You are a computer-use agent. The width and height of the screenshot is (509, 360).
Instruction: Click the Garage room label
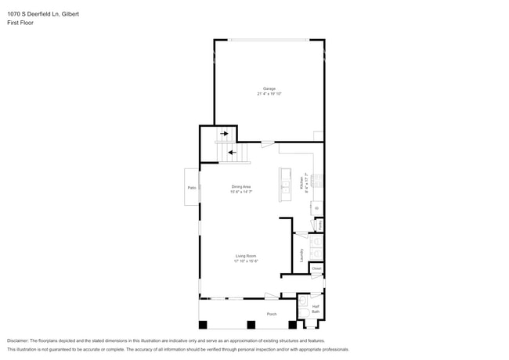[x=269, y=88]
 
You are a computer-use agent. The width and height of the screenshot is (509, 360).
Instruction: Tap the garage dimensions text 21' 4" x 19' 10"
[x=269, y=94]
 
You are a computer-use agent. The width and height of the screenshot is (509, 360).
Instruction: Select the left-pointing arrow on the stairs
[x=231, y=152]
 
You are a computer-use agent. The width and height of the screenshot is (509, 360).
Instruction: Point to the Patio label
[x=192, y=188]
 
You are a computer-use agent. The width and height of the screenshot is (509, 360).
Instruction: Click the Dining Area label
[x=241, y=186]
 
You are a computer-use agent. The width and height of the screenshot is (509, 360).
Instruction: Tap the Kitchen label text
[x=302, y=184]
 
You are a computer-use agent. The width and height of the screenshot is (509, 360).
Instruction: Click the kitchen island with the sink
[x=284, y=184]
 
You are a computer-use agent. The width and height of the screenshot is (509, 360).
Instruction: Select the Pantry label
[x=319, y=225]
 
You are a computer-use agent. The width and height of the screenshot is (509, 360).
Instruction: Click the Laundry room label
[x=301, y=254]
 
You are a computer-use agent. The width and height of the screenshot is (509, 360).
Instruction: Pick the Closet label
[x=316, y=268]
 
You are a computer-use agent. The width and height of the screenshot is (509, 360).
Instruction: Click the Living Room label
[x=246, y=256]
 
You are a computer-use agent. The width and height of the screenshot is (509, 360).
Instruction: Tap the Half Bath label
[x=316, y=309]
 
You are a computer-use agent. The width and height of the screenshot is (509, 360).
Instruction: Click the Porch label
[x=271, y=314]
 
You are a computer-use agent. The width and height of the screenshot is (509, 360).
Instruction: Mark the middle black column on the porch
[x=251, y=324]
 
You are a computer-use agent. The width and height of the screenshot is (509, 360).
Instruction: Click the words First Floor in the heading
[x=20, y=23]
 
